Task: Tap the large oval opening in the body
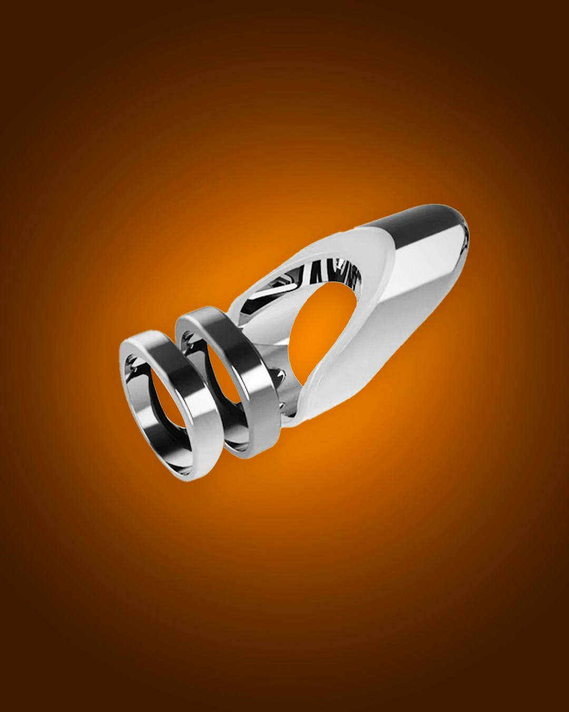click(x=316, y=338)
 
